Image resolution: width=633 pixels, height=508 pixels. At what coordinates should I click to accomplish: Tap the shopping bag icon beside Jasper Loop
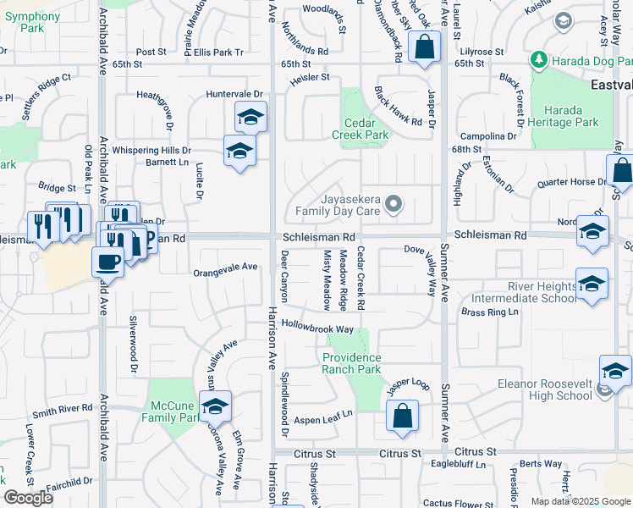tap(403, 416)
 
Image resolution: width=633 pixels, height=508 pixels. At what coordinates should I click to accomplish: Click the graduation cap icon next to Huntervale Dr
tap(250, 117)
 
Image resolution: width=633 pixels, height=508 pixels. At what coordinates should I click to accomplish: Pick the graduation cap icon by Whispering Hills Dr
tap(239, 152)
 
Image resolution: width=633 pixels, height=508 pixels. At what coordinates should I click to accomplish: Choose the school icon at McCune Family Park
tap(215, 406)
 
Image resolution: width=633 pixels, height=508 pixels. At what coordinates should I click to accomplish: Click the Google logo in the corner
tap(28, 498)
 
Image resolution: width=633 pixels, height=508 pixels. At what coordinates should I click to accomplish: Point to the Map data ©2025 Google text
tap(580, 501)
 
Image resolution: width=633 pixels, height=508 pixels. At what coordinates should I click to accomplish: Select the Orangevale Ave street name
tap(225, 267)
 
